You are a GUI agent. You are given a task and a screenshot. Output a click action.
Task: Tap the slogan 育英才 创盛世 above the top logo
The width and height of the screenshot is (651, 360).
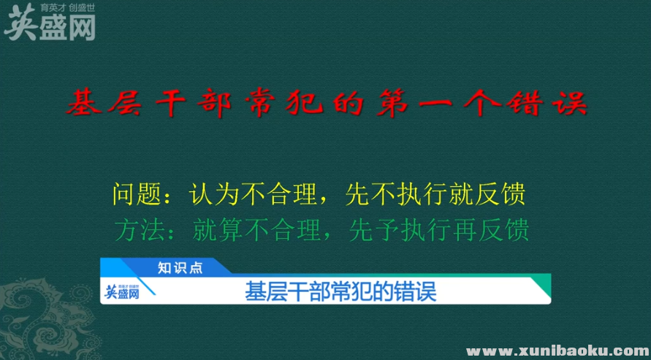[72, 9]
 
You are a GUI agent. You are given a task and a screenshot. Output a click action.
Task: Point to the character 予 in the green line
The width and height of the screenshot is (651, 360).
[397, 230]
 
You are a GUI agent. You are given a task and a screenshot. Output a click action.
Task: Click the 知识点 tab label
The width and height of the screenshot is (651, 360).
[180, 267]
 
